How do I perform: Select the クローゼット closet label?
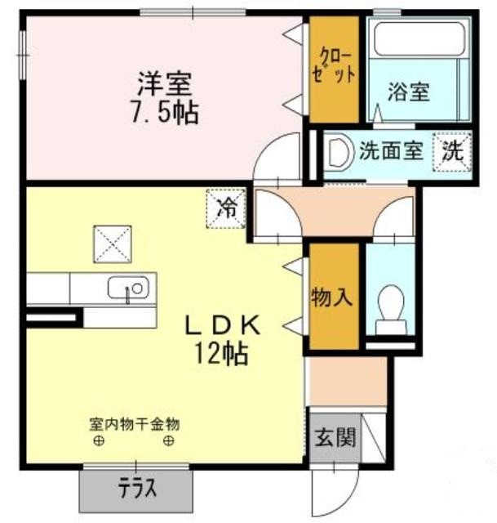[x=334, y=66]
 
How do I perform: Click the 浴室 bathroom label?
[x=408, y=91]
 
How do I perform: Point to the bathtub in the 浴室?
[x=419, y=39]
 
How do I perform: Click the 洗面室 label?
[x=391, y=151]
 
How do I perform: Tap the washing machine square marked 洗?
[x=452, y=152]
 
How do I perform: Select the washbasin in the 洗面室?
[x=339, y=152]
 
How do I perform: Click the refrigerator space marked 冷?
[x=226, y=209]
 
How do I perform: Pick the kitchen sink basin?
[x=128, y=288]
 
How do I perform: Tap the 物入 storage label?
[x=332, y=297]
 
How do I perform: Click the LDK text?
[x=223, y=325]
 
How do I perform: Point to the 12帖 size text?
[x=221, y=353]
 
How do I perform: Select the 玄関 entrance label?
[x=335, y=437]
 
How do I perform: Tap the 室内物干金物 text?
[x=135, y=425]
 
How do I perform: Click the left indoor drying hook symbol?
[x=99, y=441]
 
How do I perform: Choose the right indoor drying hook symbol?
[x=169, y=441]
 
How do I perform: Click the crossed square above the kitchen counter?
[x=113, y=244]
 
